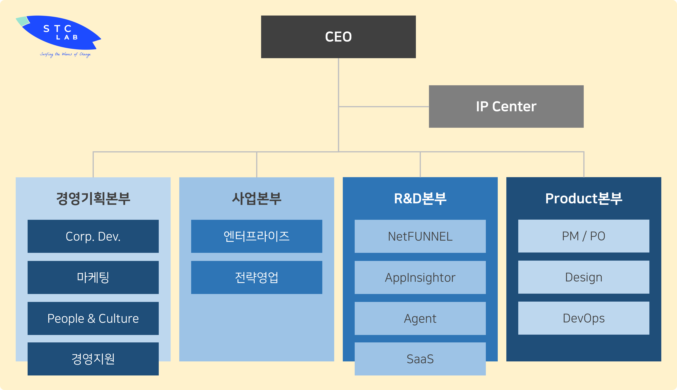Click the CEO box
[x=338, y=37]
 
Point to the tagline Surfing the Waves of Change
[x=65, y=54]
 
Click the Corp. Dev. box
[x=93, y=236]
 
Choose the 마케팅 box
[x=93, y=277]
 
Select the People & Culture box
[x=93, y=318]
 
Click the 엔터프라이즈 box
[x=256, y=236]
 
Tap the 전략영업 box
[x=256, y=277]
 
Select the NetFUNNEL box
[x=420, y=236]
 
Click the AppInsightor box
[x=420, y=277]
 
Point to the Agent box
[x=420, y=318]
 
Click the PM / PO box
[x=583, y=236]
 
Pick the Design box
[x=583, y=277]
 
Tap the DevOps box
[x=583, y=318]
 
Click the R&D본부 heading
[x=420, y=198]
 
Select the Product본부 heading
[x=583, y=198]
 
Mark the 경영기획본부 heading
[x=93, y=198]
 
